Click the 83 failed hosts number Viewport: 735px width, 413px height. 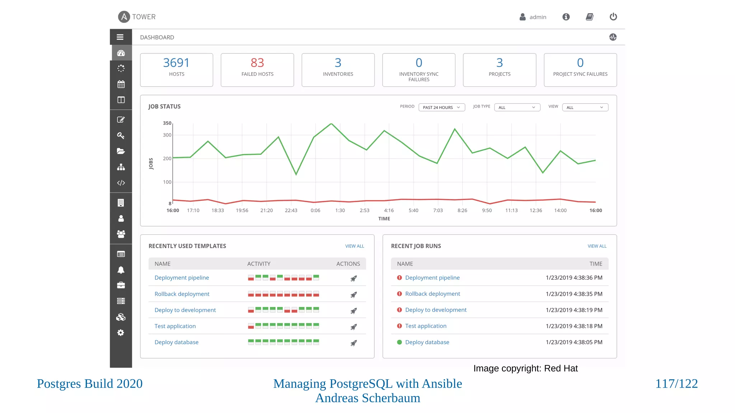click(257, 63)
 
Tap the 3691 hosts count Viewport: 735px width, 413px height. click(176, 63)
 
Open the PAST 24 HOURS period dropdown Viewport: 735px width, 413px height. click(441, 107)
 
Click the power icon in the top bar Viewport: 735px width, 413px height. click(613, 16)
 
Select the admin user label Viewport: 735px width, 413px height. click(538, 17)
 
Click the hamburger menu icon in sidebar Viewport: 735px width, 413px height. click(120, 37)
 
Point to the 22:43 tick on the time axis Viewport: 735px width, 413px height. click(291, 210)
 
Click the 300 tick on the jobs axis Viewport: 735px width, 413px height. click(167, 135)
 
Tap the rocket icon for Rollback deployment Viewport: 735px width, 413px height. click(354, 295)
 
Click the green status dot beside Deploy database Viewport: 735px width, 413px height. click(399, 342)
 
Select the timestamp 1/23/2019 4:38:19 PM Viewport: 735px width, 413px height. click(574, 310)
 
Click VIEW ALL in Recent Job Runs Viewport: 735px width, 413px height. click(597, 246)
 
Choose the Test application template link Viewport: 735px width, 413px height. click(175, 326)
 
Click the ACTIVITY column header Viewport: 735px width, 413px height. click(258, 264)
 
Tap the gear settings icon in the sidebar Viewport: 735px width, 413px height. click(121, 333)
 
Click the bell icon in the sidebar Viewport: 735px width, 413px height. click(121, 270)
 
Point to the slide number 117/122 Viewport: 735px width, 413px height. click(676, 384)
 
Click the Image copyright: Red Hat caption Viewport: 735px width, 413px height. click(525, 368)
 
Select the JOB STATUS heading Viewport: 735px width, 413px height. click(164, 106)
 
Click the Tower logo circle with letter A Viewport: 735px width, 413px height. click(124, 16)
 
